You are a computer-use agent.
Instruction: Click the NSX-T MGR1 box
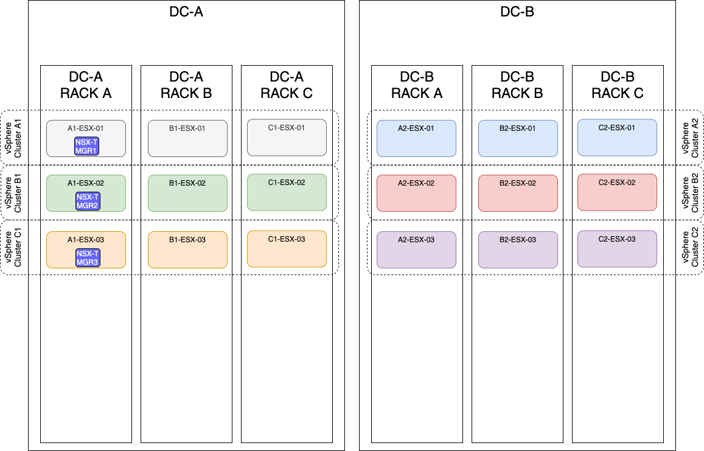pyautogui.click(x=86, y=147)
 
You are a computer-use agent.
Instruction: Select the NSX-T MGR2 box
pyautogui.click(x=86, y=201)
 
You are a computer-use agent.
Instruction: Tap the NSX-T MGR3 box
pyautogui.click(x=86, y=258)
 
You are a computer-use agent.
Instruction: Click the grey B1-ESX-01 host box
pyautogui.click(x=187, y=138)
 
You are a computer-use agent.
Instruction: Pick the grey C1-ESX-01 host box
pyautogui.click(x=287, y=138)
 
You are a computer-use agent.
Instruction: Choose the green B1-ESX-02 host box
pyautogui.click(x=187, y=194)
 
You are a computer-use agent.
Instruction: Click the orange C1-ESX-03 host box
pyautogui.click(x=287, y=249)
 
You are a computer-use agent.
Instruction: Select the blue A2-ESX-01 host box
pyautogui.click(x=416, y=139)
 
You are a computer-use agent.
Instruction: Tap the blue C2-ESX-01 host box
pyautogui.click(x=617, y=138)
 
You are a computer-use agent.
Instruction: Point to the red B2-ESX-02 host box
pyautogui.click(x=518, y=194)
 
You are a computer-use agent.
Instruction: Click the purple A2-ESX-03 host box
pyautogui.click(x=416, y=250)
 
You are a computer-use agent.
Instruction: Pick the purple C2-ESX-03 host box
pyautogui.click(x=617, y=249)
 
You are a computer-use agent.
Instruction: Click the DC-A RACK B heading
pyautogui.click(x=186, y=85)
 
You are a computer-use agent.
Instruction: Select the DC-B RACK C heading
pyautogui.click(x=618, y=85)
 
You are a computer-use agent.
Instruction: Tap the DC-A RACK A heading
pyautogui.click(x=86, y=85)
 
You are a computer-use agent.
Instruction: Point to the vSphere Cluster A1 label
pyautogui.click(x=13, y=138)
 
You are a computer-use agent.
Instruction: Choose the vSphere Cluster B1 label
pyautogui.click(x=13, y=193)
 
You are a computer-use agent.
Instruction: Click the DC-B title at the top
pyautogui.click(x=517, y=12)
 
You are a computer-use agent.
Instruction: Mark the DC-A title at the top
pyautogui.click(x=186, y=12)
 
